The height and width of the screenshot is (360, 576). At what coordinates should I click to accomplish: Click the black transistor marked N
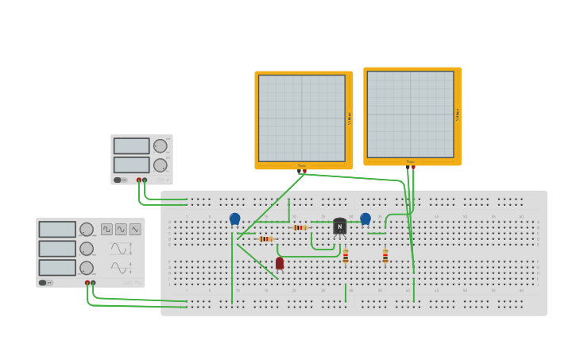340,226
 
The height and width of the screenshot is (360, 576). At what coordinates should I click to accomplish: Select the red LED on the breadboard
280,263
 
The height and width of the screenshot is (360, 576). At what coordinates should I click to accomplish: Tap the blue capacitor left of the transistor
234,219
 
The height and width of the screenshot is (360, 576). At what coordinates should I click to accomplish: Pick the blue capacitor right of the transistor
365,219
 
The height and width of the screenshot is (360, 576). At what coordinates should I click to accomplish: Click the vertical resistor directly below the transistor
346,256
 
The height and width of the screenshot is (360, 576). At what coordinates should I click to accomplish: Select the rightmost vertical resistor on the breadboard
385,256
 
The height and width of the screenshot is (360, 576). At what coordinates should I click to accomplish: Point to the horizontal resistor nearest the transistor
300,227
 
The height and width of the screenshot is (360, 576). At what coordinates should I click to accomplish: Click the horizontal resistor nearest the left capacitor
265,238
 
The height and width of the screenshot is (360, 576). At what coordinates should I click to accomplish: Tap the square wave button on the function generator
106,229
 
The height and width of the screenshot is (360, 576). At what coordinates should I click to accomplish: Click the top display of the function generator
57,230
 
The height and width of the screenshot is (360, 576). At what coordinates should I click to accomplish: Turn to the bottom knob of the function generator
87,268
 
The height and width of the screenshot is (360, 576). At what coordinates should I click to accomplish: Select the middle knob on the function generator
87,249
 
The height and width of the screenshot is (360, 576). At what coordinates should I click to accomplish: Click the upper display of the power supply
131,146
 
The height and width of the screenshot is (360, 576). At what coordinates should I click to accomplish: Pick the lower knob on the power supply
160,165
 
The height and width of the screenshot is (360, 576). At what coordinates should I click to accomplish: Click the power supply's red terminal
139,180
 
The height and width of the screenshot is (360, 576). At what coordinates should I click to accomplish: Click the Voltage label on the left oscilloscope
349,119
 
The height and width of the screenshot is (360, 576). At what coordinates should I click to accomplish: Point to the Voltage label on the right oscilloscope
458,115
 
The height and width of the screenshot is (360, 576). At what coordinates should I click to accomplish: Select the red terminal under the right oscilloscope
413,168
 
